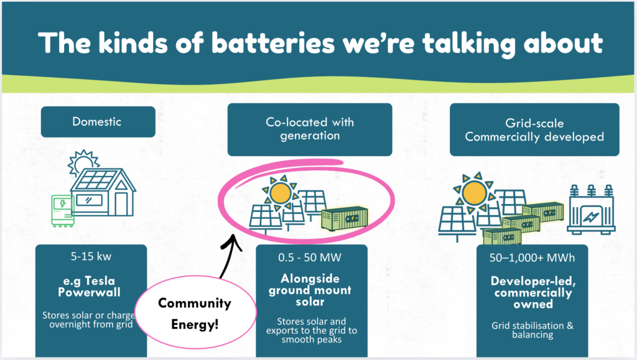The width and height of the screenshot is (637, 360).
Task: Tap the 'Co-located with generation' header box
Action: click(x=310, y=129)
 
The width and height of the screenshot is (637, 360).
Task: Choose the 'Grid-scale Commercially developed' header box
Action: click(x=534, y=129)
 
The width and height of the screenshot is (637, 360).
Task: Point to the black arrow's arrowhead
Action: click(x=234, y=239)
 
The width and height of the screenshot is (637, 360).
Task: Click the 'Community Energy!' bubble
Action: click(x=193, y=314)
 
